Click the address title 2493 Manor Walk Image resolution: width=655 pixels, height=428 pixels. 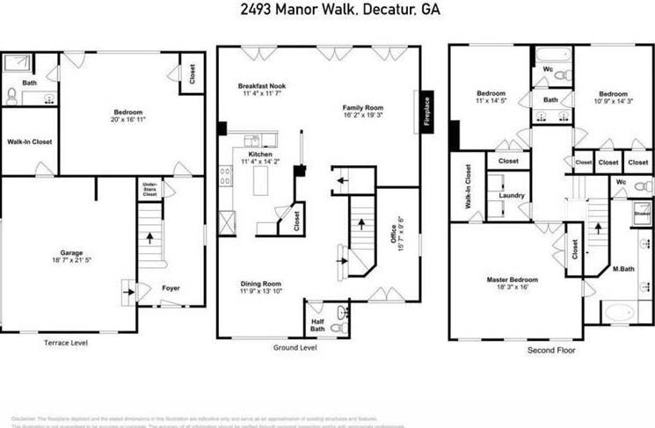click(x=290, y=11)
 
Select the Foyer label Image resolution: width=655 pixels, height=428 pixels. click(x=171, y=287)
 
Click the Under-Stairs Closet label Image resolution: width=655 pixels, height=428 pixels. click(x=149, y=188)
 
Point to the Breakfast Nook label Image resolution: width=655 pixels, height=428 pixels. click(x=262, y=86)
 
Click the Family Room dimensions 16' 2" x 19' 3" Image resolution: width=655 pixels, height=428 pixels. click(x=364, y=115)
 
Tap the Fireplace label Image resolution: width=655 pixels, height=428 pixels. click(x=426, y=112)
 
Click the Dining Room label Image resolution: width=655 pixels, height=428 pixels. click(x=261, y=284)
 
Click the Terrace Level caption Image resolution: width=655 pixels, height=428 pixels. click(x=66, y=343)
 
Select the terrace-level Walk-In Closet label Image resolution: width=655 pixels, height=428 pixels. click(x=28, y=141)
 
